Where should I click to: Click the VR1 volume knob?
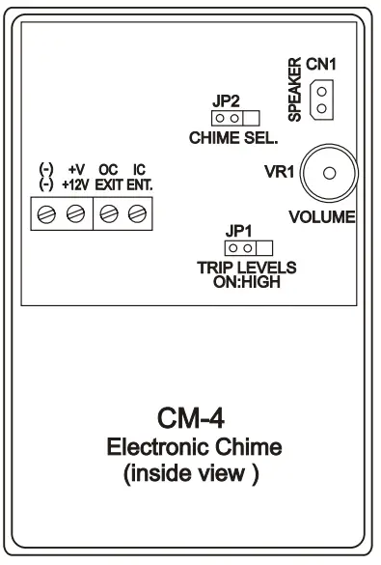(329, 173)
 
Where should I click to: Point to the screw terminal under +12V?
(72, 213)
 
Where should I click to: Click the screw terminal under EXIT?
(108, 213)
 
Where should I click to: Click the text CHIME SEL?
(229, 136)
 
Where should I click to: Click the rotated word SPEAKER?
(295, 93)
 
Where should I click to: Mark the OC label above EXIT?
(108, 167)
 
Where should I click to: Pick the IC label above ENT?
(139, 167)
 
